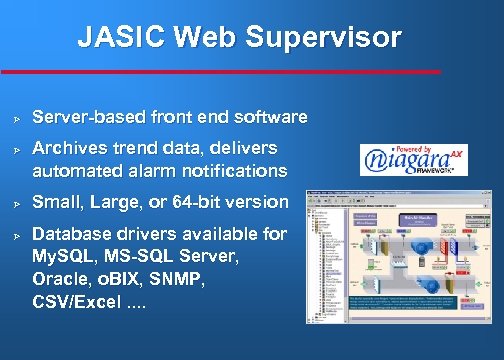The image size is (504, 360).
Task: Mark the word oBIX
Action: click(122, 278)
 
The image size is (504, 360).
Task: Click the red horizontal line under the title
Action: click(220, 71)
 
